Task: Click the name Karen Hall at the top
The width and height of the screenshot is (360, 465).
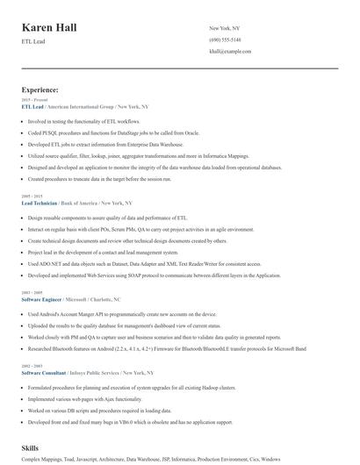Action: pos(55,28)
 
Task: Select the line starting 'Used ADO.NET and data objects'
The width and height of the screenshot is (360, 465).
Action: pos(132,262)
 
